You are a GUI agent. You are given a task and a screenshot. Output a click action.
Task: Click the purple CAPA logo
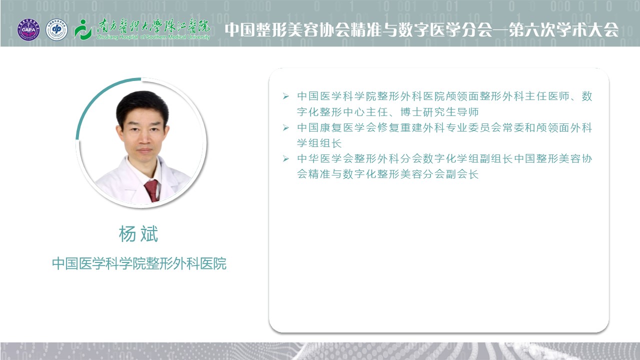pos(28,29)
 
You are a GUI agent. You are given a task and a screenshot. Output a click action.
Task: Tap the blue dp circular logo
pos(56,29)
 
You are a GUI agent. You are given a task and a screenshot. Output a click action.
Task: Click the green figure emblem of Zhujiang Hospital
pos(82,29)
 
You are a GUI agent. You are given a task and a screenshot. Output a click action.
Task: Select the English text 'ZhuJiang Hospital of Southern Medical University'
pos(153,37)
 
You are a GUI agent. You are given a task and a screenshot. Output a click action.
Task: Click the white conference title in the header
pos(421,29)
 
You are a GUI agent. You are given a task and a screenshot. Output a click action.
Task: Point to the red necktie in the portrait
pos(151,190)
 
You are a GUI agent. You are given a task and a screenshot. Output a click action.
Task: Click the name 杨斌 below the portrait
pos(138,234)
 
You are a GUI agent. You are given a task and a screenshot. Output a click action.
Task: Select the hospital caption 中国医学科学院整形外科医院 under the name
pos(139,263)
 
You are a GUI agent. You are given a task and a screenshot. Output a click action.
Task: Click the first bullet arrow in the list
pos(285,96)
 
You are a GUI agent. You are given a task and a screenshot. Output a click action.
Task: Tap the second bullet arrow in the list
pos(285,127)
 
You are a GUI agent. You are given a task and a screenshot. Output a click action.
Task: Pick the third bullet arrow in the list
pos(285,158)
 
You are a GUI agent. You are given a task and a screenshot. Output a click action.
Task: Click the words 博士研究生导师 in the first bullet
pos(439,111)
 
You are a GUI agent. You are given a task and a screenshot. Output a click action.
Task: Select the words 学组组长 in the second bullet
pos(319,143)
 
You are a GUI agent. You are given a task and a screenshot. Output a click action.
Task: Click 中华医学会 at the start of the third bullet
pos(325,158)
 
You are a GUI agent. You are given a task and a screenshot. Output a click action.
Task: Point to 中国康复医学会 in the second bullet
pos(336,127)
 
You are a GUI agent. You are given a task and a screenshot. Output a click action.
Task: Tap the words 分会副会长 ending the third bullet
pos(450,174)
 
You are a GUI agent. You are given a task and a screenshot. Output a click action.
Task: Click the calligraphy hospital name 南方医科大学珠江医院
pos(153,27)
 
